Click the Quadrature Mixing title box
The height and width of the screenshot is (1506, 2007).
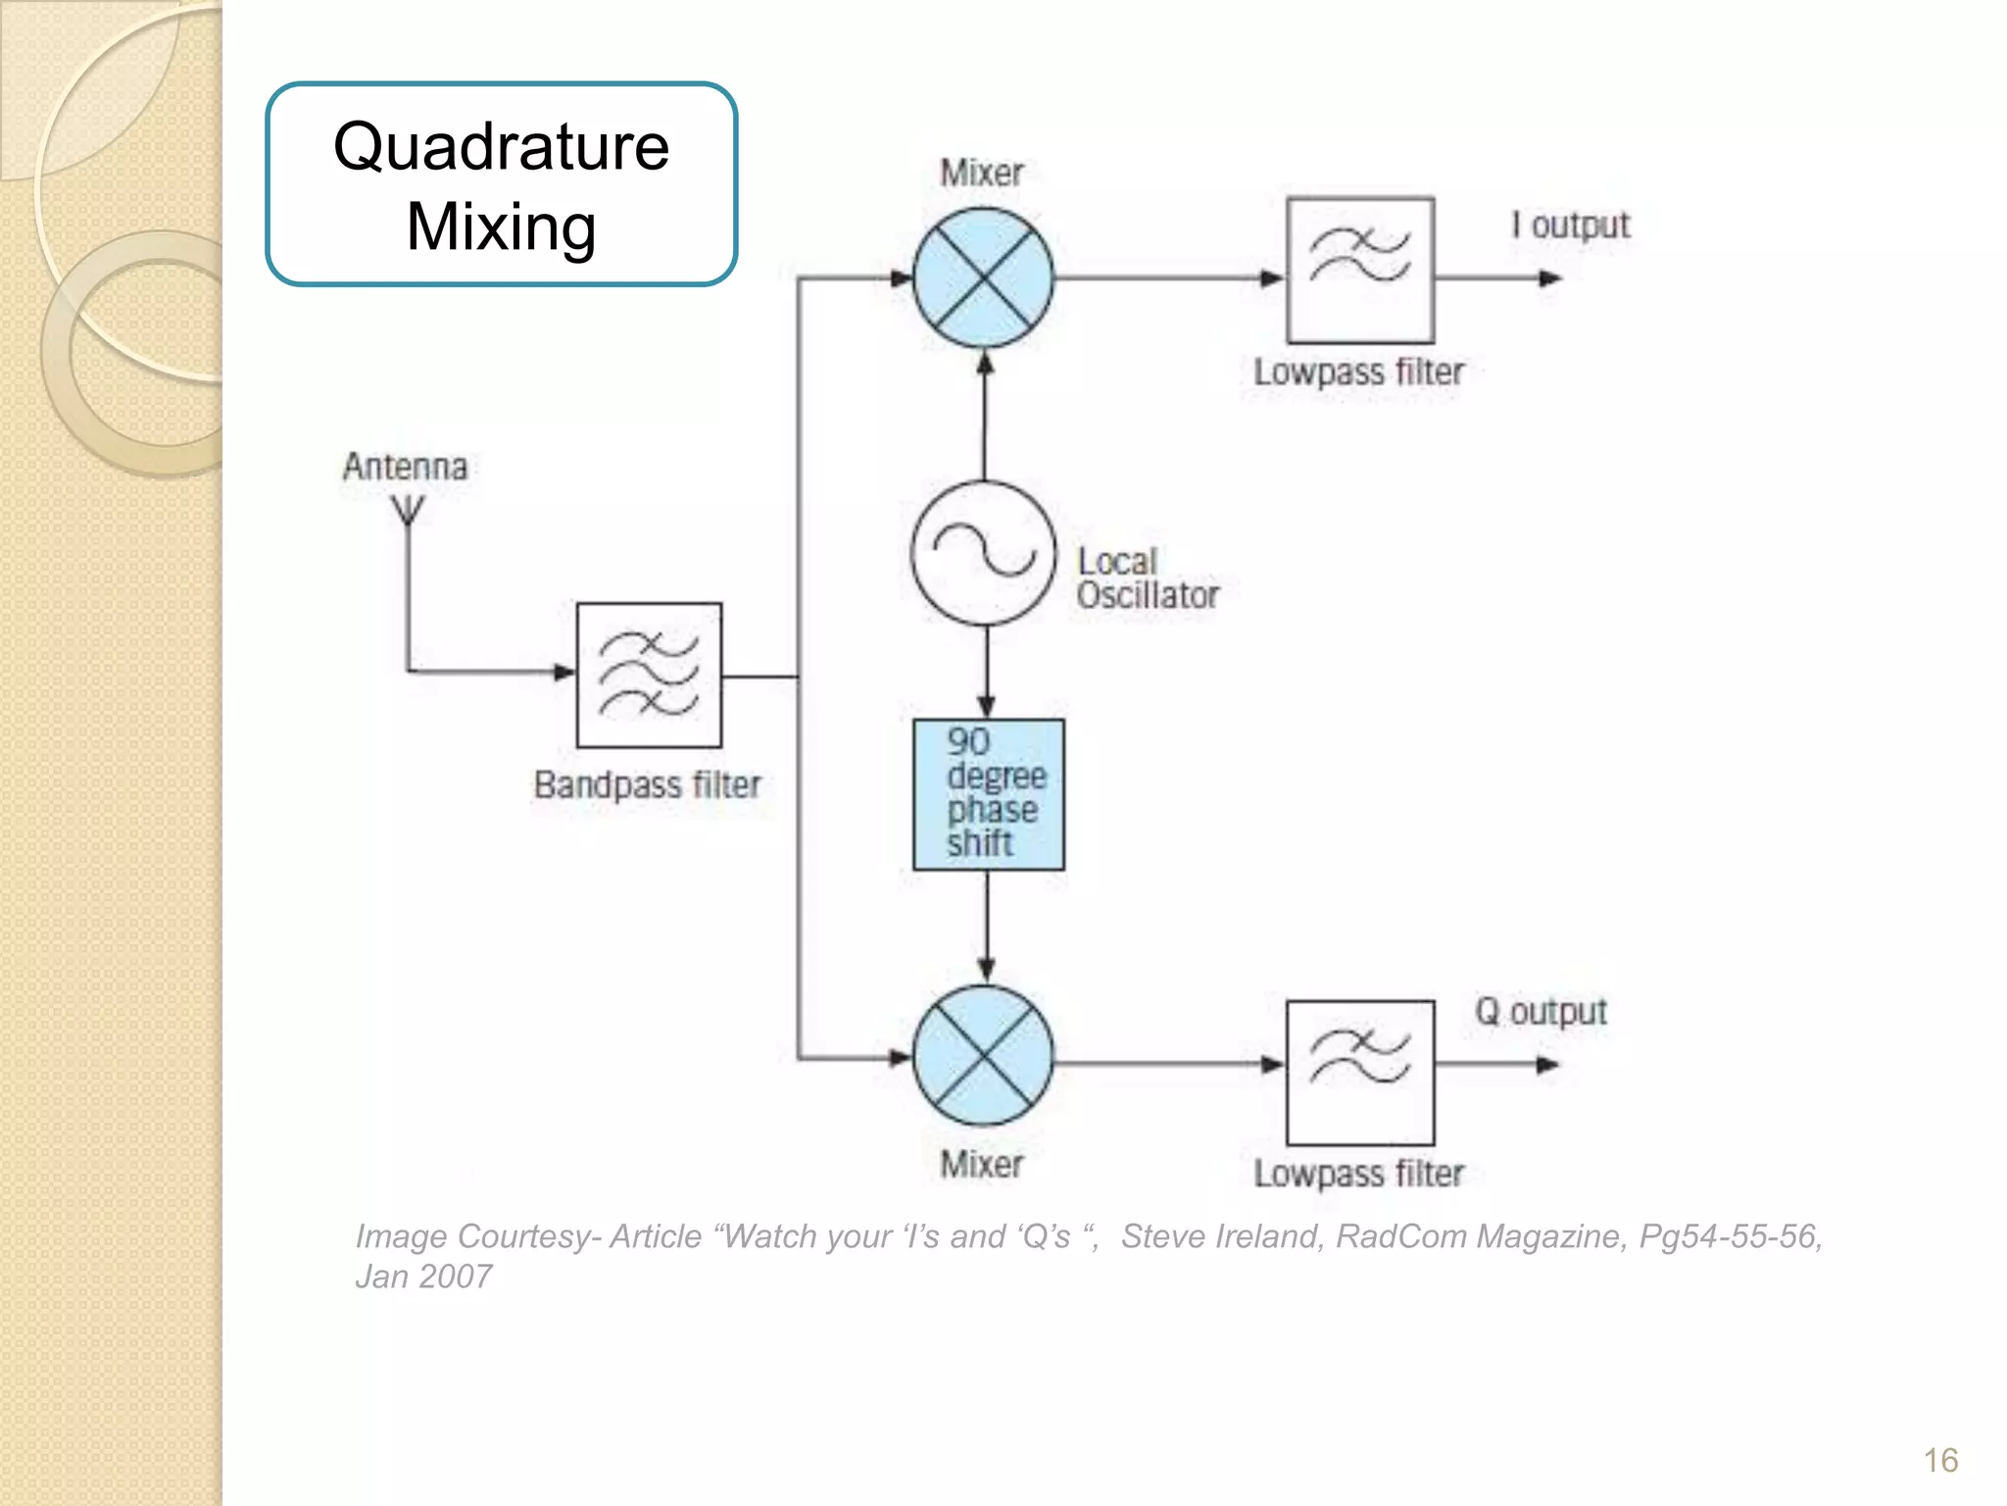click(501, 184)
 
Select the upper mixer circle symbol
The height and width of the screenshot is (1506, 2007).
click(983, 278)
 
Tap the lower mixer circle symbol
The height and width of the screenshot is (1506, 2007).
click(983, 1056)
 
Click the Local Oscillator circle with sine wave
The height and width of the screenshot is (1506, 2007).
click(984, 553)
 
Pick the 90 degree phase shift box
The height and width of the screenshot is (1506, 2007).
click(988, 794)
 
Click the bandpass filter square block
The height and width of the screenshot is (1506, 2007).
click(649, 676)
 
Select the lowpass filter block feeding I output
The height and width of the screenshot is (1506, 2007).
click(1359, 271)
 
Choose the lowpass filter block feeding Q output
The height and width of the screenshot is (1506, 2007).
click(1359, 1073)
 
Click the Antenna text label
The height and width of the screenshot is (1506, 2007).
click(405, 467)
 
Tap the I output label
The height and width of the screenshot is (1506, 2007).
click(1570, 226)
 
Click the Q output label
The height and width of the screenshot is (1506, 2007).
click(1541, 1012)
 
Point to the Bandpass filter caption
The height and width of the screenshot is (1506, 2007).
click(647, 785)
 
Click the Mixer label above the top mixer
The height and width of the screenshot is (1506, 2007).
click(981, 174)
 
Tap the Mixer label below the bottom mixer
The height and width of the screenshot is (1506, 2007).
click(981, 1165)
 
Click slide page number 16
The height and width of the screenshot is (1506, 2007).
click(1939, 1461)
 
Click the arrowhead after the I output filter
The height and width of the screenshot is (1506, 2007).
click(1549, 278)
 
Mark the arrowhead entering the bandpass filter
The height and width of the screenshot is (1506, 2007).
click(564, 672)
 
